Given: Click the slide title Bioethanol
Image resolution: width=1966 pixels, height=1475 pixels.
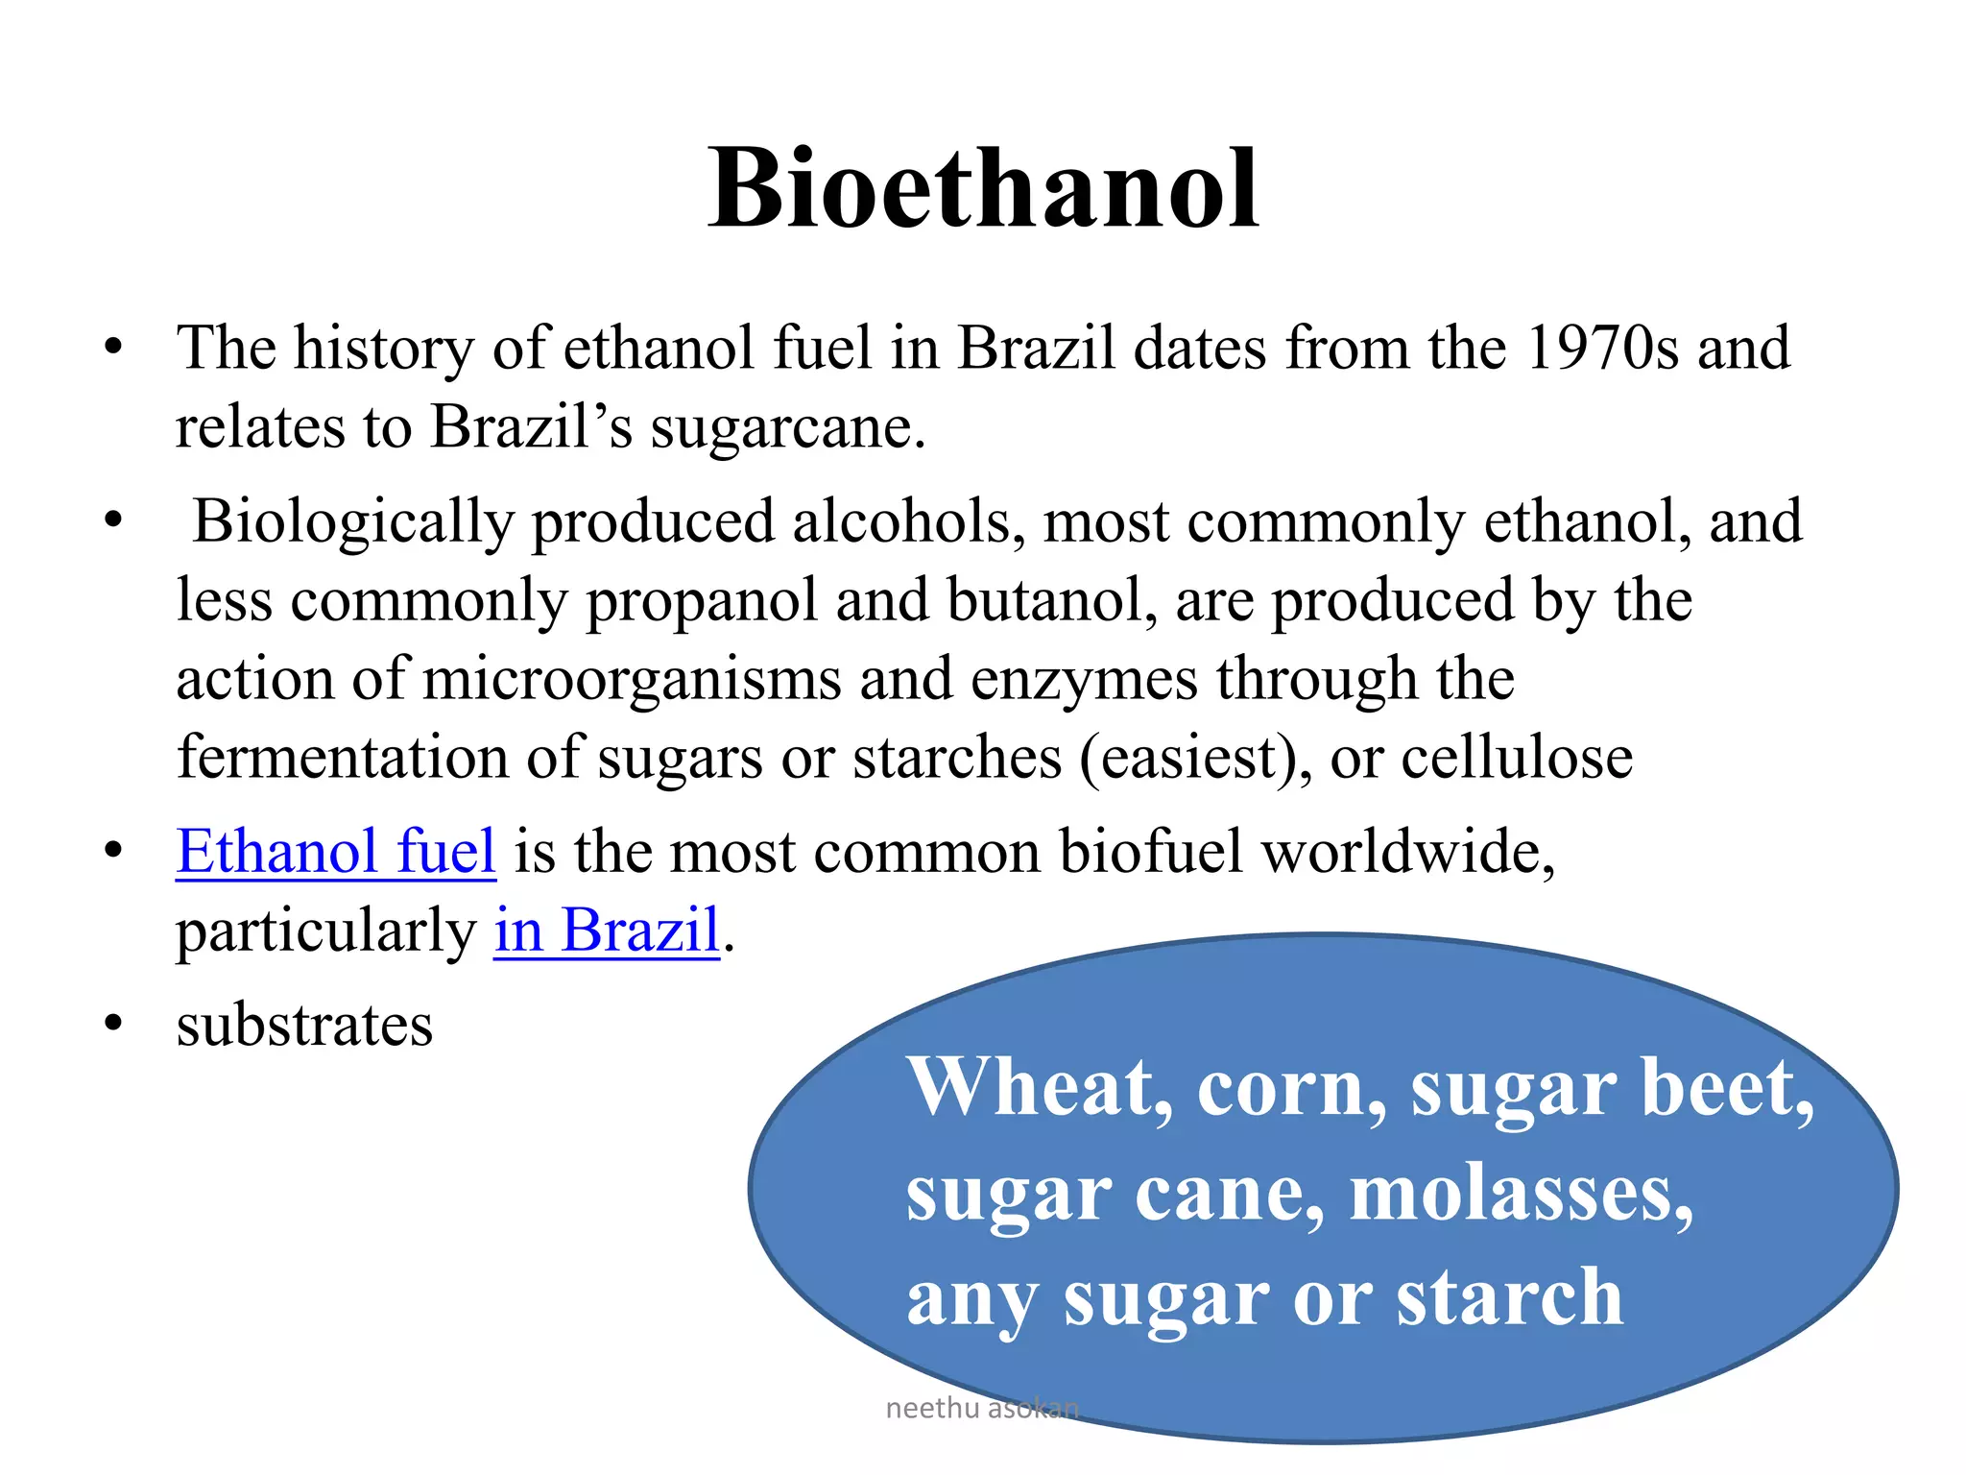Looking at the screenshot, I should coord(983,189).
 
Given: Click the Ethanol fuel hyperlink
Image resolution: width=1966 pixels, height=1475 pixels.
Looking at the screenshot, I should coord(336,852).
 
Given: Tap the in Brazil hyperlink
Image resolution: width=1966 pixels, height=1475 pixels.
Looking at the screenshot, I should coord(607,931).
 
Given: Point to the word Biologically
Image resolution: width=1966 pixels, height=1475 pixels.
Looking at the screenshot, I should coord(353,522).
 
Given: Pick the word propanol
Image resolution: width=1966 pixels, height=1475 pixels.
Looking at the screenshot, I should coord(701,601).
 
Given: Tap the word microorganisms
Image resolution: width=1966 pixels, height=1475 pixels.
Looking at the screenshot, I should coord(632,680).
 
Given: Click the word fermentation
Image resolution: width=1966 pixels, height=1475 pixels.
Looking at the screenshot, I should coord(342,758).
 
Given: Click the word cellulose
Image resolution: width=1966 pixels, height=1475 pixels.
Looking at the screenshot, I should coord(1517,758).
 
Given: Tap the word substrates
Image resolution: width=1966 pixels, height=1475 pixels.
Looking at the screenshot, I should coord(304,1026).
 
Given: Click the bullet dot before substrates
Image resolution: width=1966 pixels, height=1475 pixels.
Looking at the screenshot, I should coord(114,1024).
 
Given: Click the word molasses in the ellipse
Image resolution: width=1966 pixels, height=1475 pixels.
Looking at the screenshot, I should coord(1521,1195).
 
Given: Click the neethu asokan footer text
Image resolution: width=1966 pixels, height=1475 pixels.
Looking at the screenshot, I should coord(982,1409).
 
